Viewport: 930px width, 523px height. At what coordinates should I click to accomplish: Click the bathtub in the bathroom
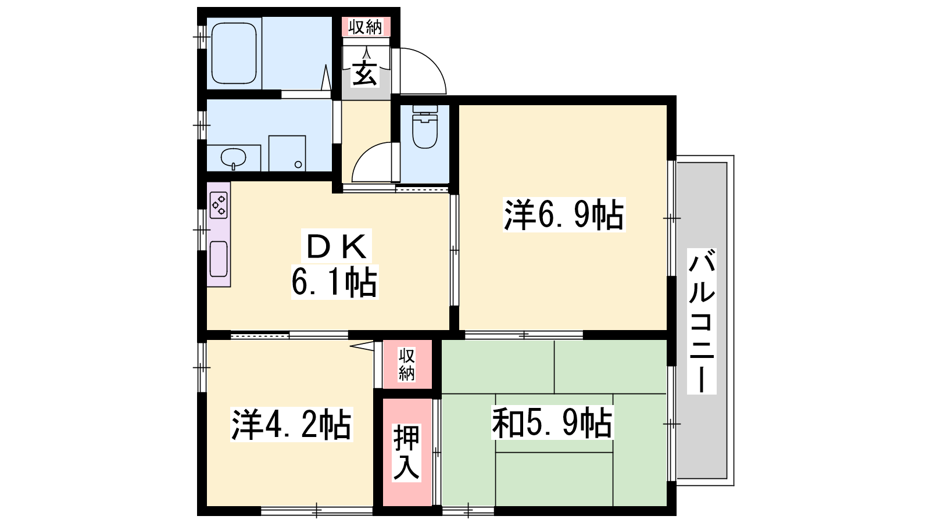pyautogui.click(x=234, y=53)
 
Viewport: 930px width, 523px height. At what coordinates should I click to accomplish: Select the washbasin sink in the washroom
pyautogui.click(x=233, y=158)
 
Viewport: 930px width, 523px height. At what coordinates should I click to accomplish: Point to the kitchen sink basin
pyautogui.click(x=219, y=259)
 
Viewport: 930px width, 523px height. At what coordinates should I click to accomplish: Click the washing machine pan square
pyautogui.click(x=287, y=153)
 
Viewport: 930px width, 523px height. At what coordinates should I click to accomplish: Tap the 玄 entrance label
pyautogui.click(x=365, y=74)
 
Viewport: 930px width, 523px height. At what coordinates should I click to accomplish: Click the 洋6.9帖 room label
pyautogui.click(x=564, y=214)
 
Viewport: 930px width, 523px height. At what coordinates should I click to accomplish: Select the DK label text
pyautogui.click(x=337, y=246)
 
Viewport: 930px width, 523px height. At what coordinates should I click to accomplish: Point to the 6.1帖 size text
pyautogui.click(x=335, y=282)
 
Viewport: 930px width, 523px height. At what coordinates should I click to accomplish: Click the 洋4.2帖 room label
pyautogui.click(x=291, y=425)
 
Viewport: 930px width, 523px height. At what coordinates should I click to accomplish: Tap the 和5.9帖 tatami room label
pyautogui.click(x=552, y=422)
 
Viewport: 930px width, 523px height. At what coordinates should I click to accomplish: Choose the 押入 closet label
pyautogui.click(x=406, y=453)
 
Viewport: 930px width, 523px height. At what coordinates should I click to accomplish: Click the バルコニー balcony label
pyautogui.click(x=702, y=321)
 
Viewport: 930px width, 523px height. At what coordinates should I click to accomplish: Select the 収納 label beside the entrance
pyautogui.click(x=365, y=27)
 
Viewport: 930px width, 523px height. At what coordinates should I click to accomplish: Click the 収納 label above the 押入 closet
pyautogui.click(x=406, y=365)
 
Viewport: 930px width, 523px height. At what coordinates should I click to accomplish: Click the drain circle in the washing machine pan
pyautogui.click(x=298, y=164)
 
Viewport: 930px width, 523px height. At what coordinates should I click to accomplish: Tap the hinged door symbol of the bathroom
pyautogui.click(x=326, y=77)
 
